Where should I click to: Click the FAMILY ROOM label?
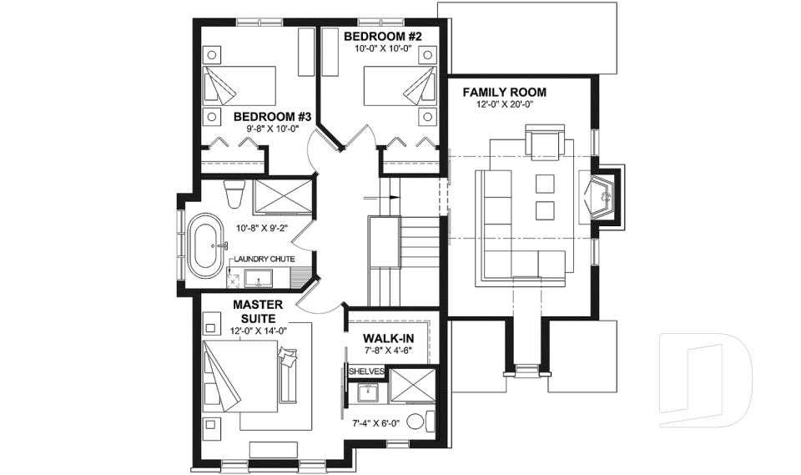[x=504, y=92]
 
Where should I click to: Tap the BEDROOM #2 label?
[x=384, y=37]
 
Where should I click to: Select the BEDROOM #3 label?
[x=272, y=117]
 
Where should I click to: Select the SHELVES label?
[x=365, y=371]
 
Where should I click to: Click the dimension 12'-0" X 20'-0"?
[x=504, y=104]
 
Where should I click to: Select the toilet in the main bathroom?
[x=234, y=194]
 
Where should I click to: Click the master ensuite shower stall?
[x=411, y=387]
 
